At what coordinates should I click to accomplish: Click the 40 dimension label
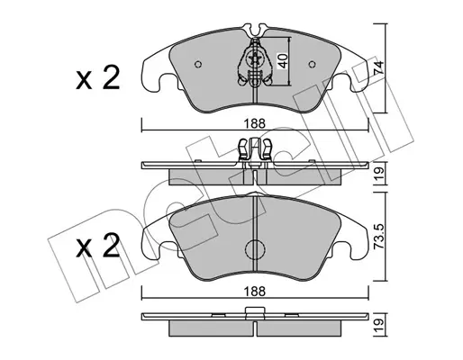(x=284, y=61)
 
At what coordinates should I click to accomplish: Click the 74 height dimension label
(x=378, y=67)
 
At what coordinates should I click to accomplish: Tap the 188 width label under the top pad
(x=255, y=124)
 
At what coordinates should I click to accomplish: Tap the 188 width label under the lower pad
(x=255, y=292)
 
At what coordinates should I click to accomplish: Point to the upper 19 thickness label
(x=378, y=173)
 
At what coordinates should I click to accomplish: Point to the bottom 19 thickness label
(x=378, y=324)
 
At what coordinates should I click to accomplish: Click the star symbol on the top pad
(x=255, y=58)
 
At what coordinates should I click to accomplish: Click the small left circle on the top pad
(x=198, y=64)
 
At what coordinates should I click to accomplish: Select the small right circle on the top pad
(x=312, y=64)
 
